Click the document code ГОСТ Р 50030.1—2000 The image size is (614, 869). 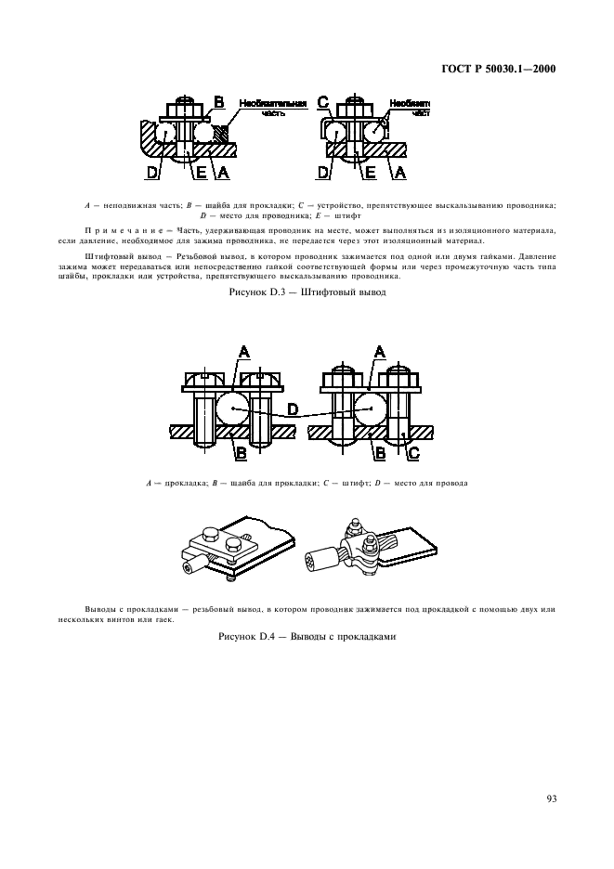pos(496,68)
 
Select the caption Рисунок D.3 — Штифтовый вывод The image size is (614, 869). pos(307,292)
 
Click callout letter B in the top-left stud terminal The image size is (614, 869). pos(219,101)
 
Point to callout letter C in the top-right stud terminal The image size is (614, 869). pos(323,101)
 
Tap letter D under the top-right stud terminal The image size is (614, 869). pos(324,171)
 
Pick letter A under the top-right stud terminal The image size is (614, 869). pos(400,171)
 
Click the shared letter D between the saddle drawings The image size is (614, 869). pos(293,409)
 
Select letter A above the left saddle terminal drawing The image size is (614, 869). pos(244,351)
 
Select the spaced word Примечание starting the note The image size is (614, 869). pos(119,229)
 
